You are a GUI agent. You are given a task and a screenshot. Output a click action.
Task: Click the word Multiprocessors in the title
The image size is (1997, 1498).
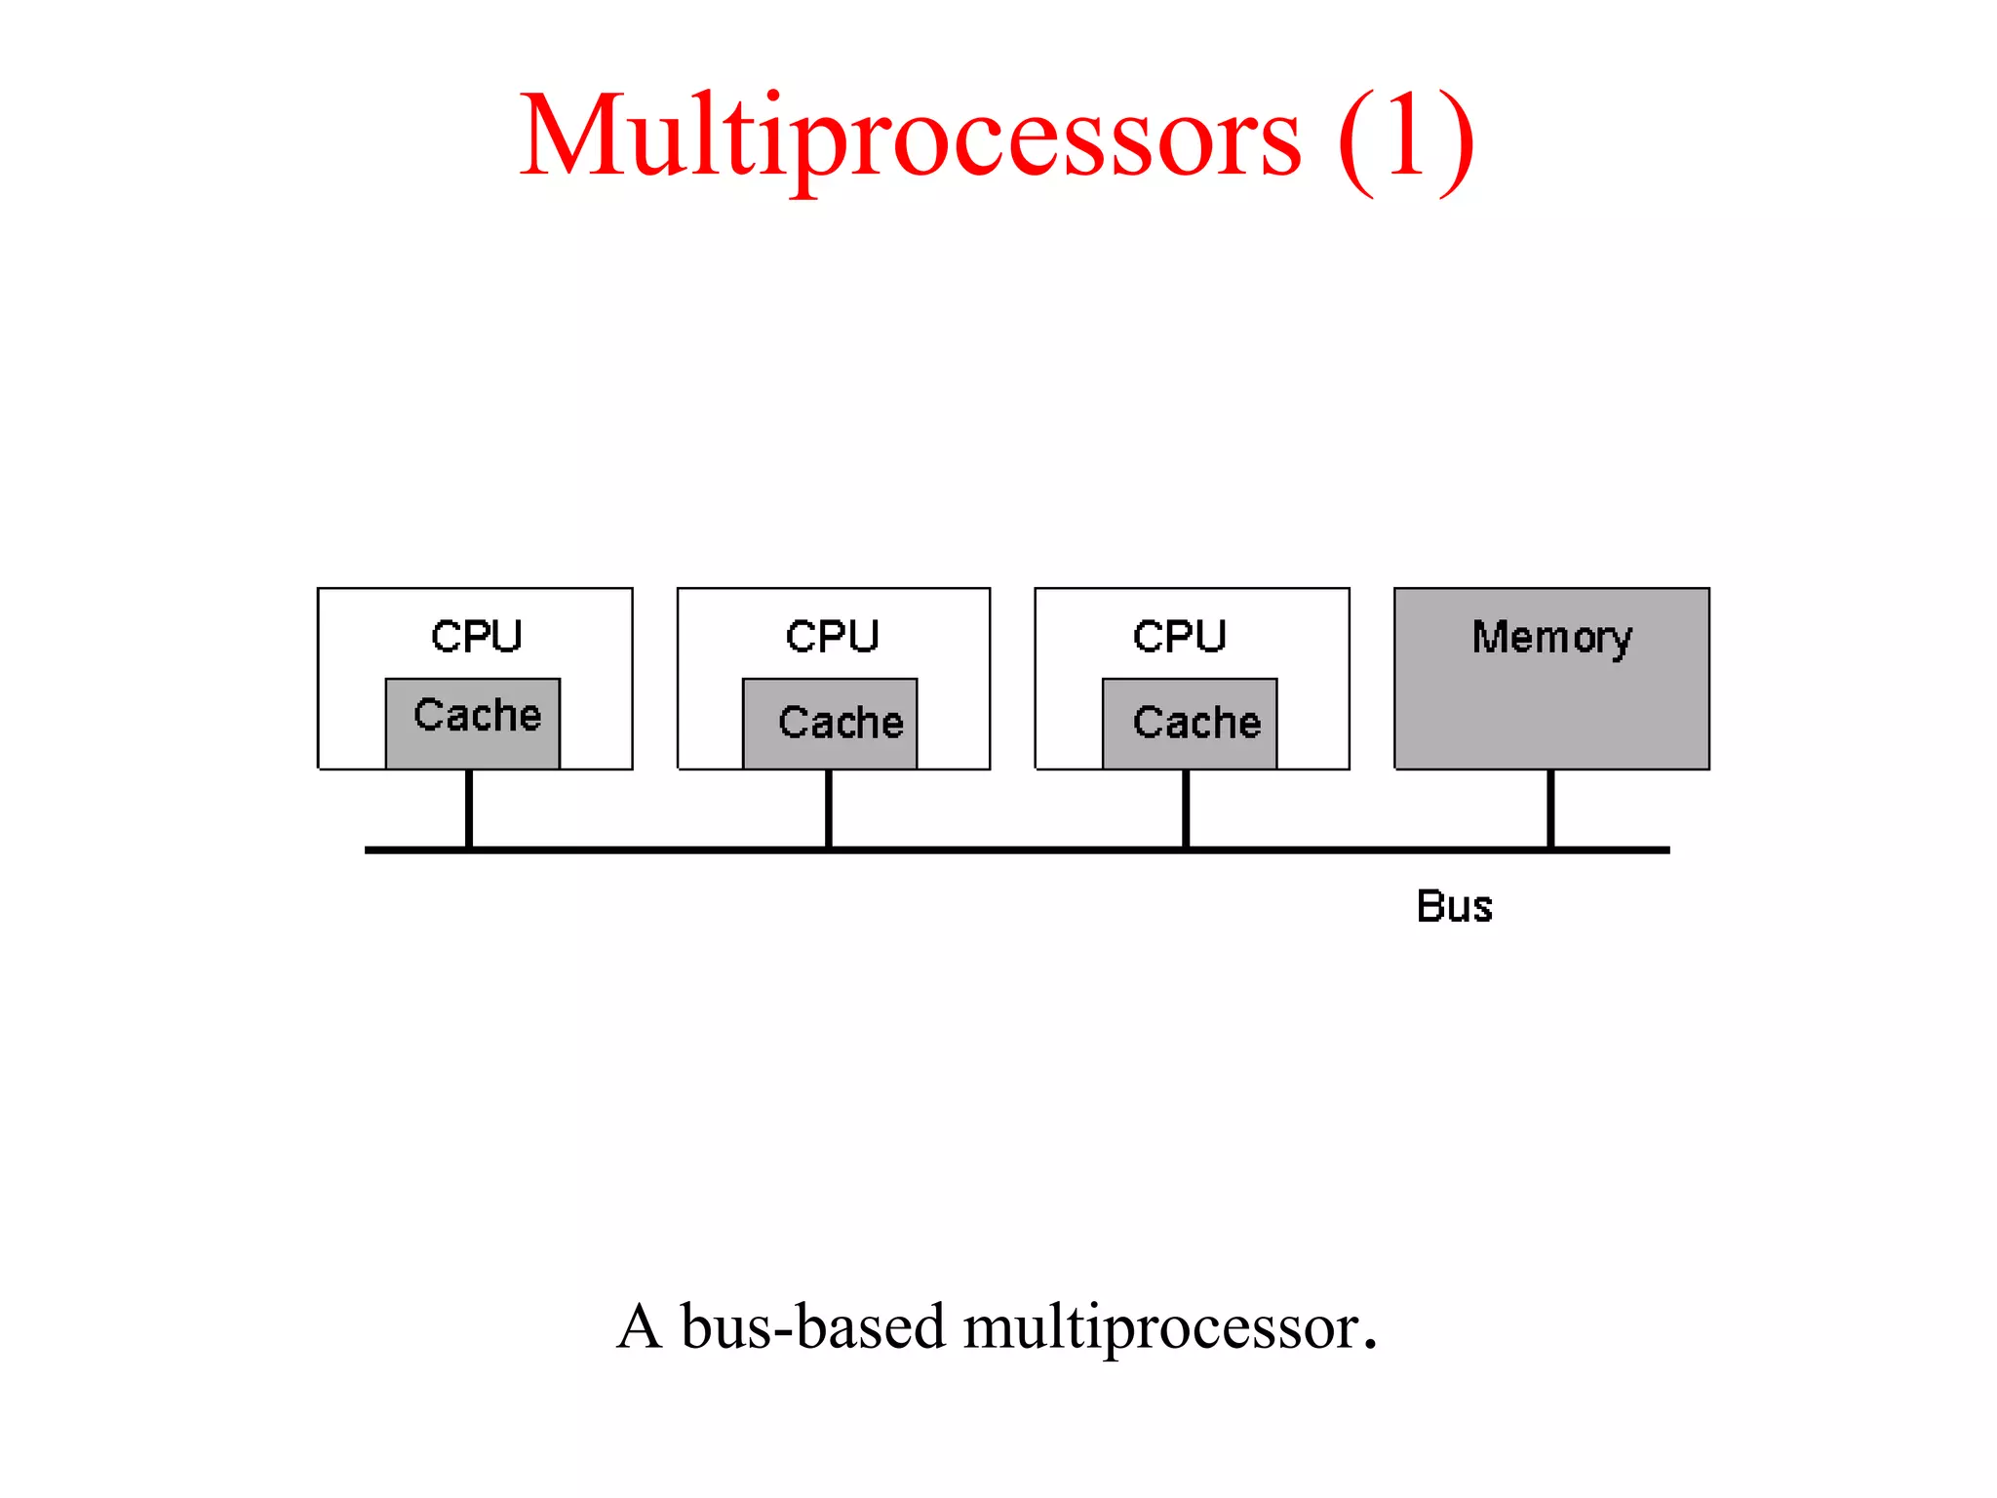click(909, 137)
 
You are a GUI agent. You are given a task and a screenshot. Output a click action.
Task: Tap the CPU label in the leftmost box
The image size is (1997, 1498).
click(477, 636)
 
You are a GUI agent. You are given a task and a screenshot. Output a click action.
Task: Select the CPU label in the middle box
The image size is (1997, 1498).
click(833, 636)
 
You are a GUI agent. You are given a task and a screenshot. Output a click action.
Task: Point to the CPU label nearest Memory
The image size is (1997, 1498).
click(1179, 636)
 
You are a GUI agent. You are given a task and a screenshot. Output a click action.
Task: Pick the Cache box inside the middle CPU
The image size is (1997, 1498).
click(830, 724)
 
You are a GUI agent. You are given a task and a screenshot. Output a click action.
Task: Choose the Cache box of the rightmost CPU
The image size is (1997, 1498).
click(1190, 724)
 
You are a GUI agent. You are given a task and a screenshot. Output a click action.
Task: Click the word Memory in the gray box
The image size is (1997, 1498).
click(1551, 638)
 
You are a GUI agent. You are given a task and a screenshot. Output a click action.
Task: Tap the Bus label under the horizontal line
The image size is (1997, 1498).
click(1454, 906)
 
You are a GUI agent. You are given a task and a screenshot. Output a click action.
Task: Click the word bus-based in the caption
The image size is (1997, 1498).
click(812, 1327)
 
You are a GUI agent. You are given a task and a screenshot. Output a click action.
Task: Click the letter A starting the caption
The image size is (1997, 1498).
click(640, 1327)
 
